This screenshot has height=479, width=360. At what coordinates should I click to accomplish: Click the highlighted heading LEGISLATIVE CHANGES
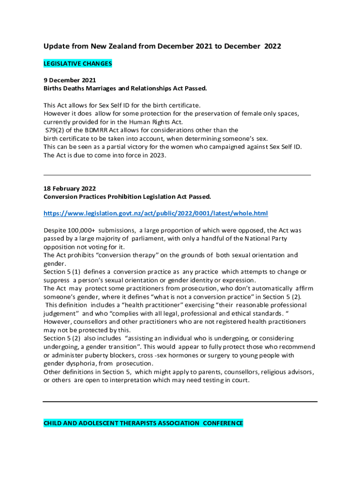[x=78, y=63]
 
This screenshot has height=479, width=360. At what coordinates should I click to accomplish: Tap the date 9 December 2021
[x=70, y=80]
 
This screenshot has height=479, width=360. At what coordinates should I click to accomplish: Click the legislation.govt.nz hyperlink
[x=156, y=213]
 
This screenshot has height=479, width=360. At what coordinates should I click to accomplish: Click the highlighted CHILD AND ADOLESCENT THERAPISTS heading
[x=143, y=423]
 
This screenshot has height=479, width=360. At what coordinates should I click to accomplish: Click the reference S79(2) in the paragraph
[x=56, y=130]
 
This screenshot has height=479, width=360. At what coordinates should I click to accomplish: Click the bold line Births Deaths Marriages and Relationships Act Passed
[x=125, y=88]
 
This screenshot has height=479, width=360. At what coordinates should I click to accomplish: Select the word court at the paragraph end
[x=240, y=380]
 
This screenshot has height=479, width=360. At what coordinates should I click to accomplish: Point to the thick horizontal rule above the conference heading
[x=180, y=401]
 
